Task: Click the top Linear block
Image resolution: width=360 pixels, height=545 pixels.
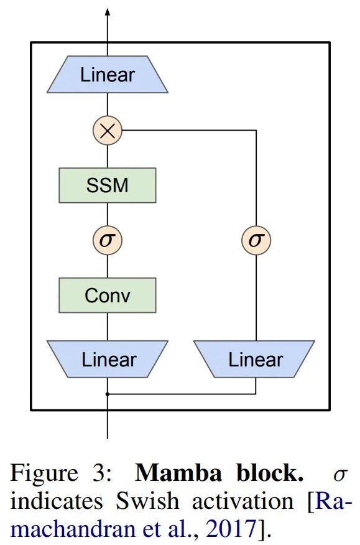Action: [108, 75]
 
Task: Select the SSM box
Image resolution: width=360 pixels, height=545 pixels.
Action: [108, 185]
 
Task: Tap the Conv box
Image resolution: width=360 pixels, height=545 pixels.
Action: [108, 294]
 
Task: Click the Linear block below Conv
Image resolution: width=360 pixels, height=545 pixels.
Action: [108, 359]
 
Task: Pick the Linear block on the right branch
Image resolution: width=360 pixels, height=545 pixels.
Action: [255, 359]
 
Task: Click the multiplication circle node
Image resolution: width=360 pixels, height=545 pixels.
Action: [108, 130]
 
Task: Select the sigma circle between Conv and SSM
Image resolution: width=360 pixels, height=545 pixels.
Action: [108, 240]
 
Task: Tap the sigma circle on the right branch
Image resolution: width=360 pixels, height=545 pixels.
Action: [256, 240]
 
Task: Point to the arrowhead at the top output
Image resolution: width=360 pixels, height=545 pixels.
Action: [108, 12]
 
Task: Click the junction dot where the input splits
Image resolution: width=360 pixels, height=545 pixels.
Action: [108, 394]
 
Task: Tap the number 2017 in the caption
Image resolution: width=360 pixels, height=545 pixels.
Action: [231, 529]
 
